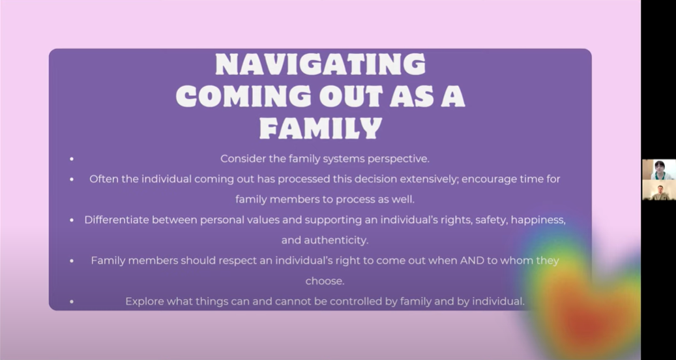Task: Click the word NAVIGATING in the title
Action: pyautogui.click(x=320, y=65)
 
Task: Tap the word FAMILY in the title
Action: pyautogui.click(x=321, y=127)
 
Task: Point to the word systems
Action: pyautogui.click(x=344, y=158)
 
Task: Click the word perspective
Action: pyautogui.click(x=398, y=159)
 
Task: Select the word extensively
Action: pyautogui.click(x=428, y=179)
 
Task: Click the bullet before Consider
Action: pyautogui.click(x=72, y=159)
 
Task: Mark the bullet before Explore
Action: pyautogui.click(x=72, y=302)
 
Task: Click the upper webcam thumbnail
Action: pyautogui.click(x=659, y=170)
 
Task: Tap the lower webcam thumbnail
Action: pyautogui.click(x=659, y=190)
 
